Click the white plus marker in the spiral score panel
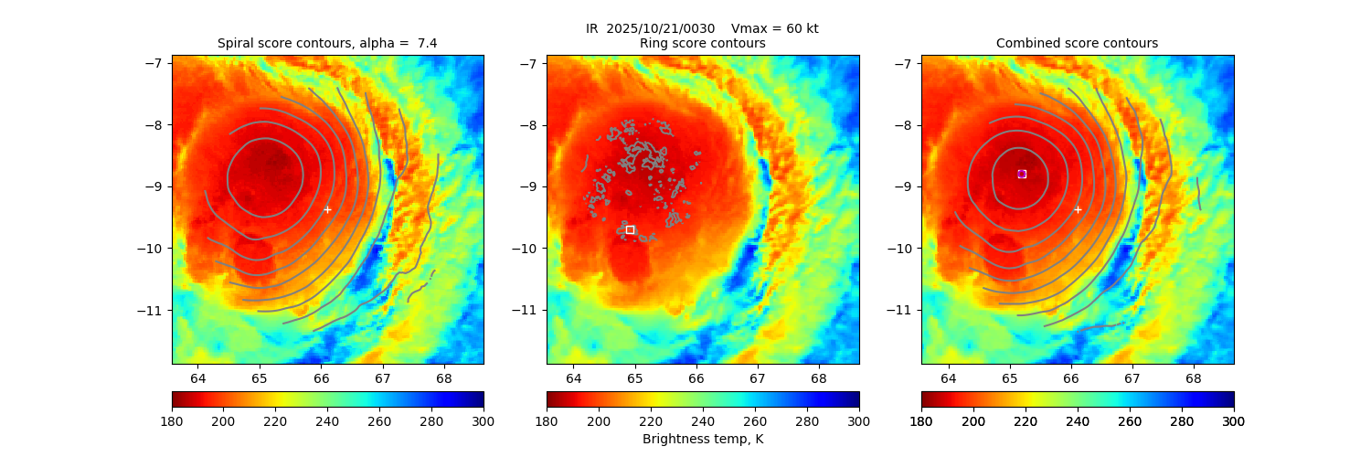tap(327, 209)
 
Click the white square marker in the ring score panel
tap(630, 229)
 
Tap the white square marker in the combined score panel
tap(1022, 174)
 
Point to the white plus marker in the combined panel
tap(1078, 209)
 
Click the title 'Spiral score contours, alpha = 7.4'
tap(327, 44)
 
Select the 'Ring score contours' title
tap(702, 44)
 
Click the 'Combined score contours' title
tap(1077, 44)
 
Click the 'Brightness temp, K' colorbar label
tap(702, 440)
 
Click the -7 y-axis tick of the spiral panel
tap(154, 63)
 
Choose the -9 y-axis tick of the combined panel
tap(904, 186)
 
